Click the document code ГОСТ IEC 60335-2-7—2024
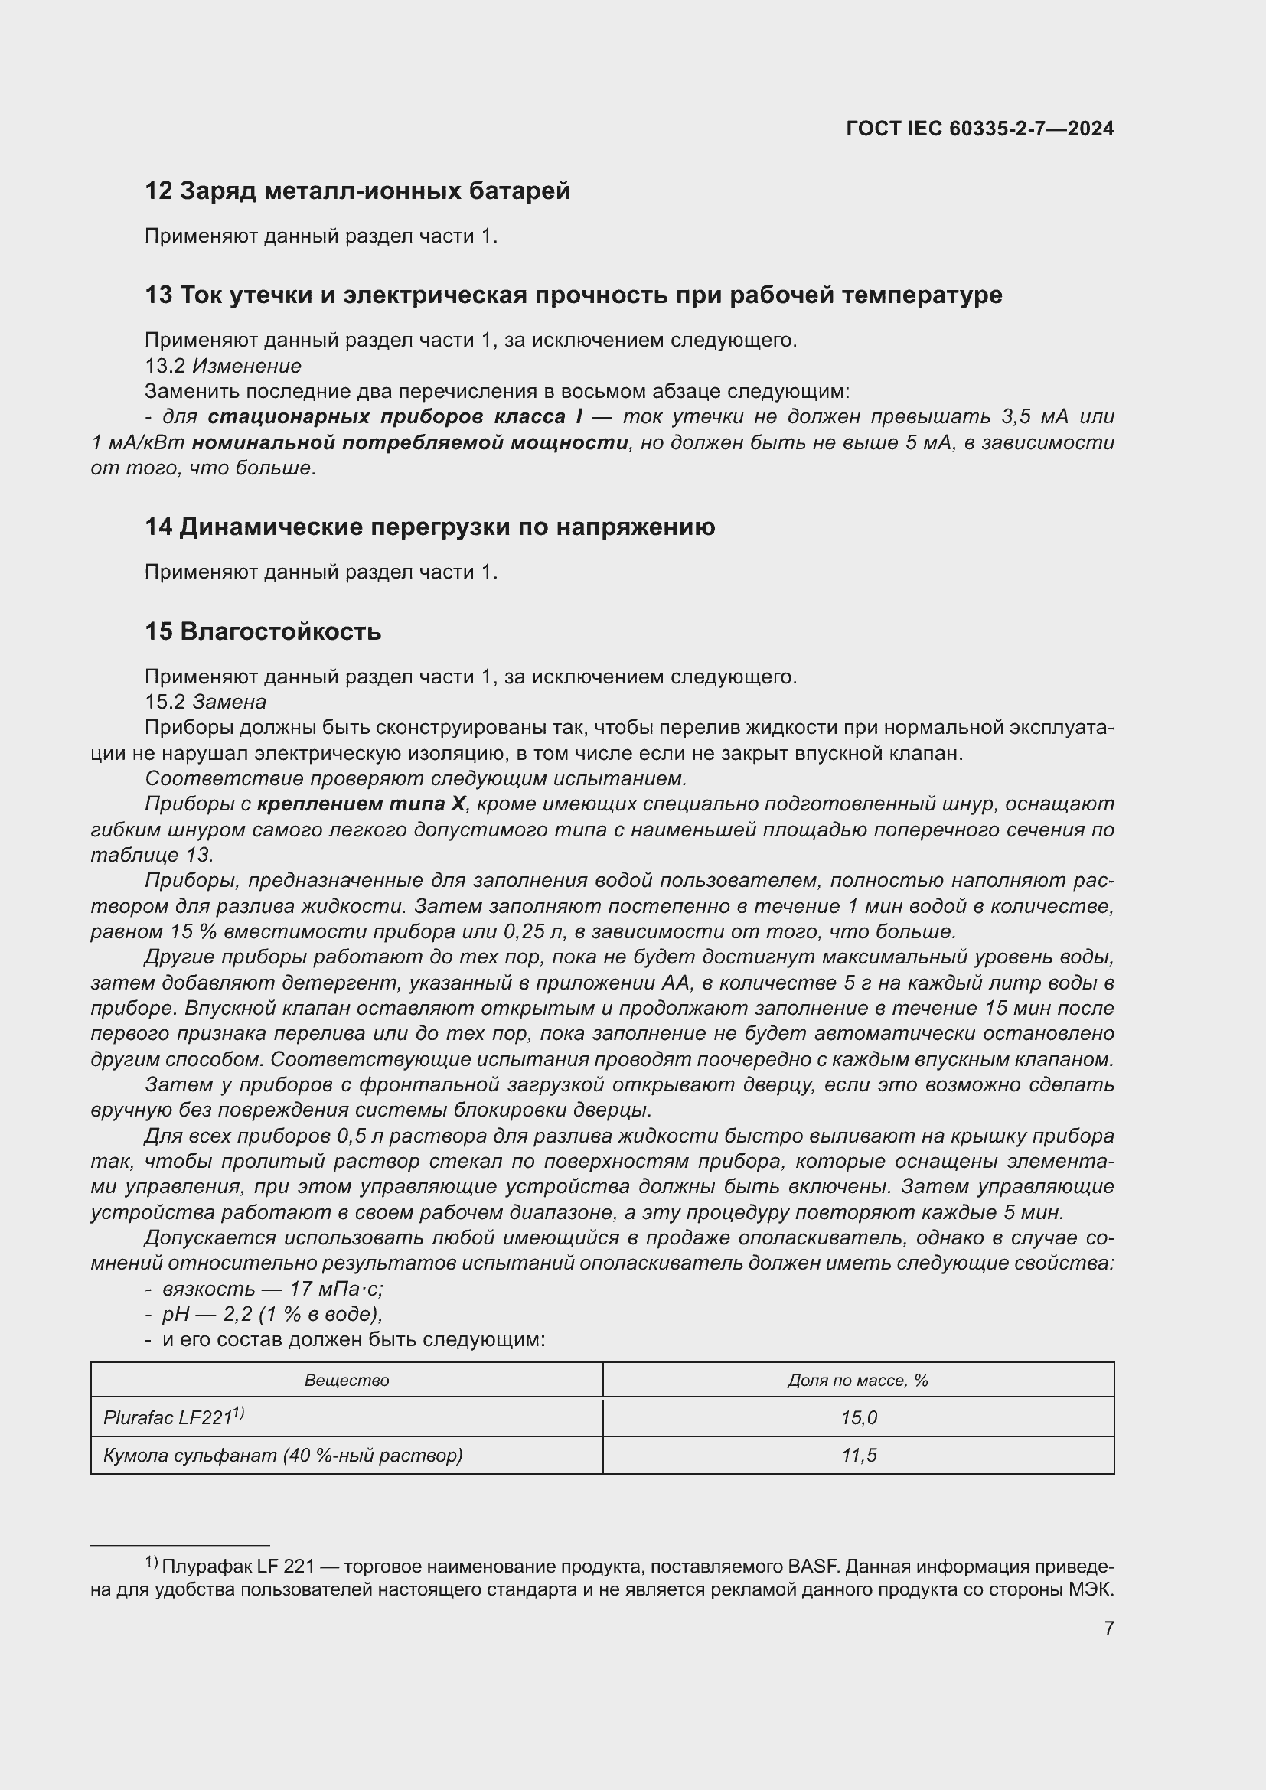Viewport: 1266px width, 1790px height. [979, 129]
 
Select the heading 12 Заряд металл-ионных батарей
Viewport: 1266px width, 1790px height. [357, 191]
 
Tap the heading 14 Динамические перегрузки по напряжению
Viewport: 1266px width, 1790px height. [429, 527]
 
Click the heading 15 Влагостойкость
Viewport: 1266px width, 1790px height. [263, 631]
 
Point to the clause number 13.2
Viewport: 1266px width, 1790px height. [165, 366]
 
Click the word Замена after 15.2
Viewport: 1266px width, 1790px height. [229, 702]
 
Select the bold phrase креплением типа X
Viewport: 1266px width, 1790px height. [361, 804]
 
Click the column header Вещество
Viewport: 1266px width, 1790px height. [346, 1380]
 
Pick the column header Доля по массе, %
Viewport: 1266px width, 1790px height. [857, 1380]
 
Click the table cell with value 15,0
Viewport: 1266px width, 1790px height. [858, 1418]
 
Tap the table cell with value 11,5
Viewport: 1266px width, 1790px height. [858, 1456]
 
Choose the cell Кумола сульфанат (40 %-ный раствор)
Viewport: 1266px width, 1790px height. [283, 1456]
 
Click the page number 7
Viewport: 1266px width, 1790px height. [1108, 1628]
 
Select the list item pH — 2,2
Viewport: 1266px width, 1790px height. [272, 1315]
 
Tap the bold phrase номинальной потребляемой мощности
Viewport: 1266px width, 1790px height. [410, 443]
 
